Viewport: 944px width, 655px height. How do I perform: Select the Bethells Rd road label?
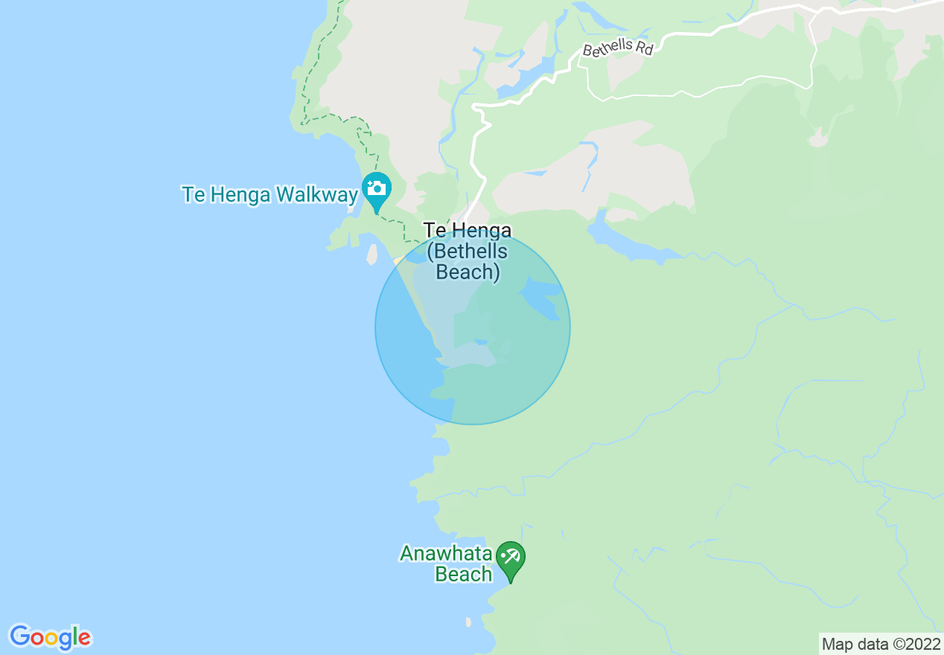coord(617,48)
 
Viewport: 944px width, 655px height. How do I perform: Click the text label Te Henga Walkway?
coord(270,195)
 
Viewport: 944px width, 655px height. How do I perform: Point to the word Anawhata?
coord(446,554)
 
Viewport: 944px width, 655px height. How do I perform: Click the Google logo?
coord(50,637)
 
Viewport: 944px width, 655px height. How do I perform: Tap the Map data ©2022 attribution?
coord(881,644)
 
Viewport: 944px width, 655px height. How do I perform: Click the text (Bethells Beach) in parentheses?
coord(468,261)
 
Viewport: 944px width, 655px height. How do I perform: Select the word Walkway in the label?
coord(317,195)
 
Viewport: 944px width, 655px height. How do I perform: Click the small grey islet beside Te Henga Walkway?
coord(371,255)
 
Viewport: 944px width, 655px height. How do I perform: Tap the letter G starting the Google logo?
coord(19,636)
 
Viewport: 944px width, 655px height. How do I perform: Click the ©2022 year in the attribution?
coord(916,644)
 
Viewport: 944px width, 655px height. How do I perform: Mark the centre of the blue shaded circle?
coord(473,327)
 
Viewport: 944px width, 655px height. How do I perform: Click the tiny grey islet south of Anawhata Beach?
coord(468,622)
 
